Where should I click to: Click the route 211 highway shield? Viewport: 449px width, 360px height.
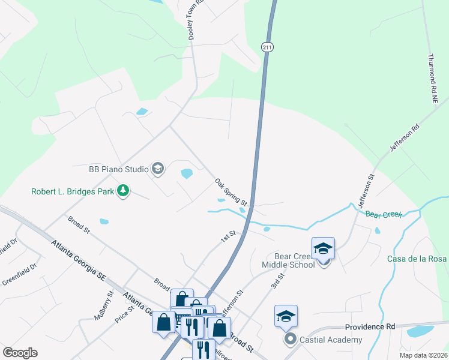[268, 47]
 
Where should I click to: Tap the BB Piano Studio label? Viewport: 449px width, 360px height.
[118, 169]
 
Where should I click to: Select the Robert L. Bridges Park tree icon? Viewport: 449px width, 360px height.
[123, 191]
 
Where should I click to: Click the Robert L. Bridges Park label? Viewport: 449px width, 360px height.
[73, 192]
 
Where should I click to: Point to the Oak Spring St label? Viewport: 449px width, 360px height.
[232, 192]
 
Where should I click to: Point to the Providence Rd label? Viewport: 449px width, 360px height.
[370, 327]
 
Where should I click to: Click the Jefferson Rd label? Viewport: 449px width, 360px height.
[404, 139]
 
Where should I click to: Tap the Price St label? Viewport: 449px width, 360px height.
[125, 313]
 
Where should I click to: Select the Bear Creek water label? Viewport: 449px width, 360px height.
[383, 214]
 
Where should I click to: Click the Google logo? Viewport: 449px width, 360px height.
[20, 353]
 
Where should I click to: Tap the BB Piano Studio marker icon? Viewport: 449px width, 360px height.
[158, 169]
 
